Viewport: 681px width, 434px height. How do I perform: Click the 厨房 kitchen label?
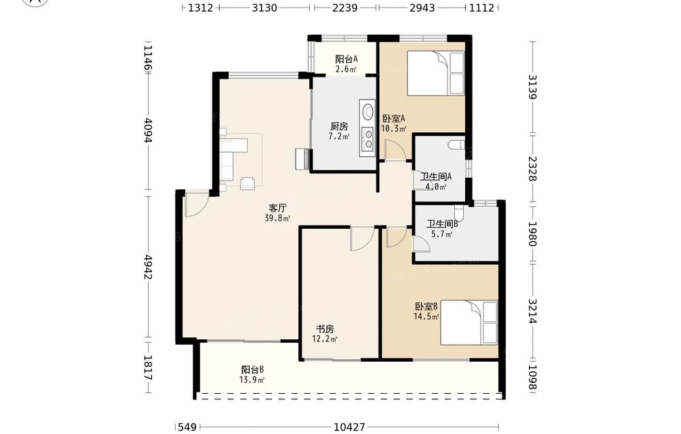[x=338, y=127]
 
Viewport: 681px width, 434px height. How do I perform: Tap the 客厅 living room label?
[x=278, y=208]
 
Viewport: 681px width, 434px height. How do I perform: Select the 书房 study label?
[x=325, y=329]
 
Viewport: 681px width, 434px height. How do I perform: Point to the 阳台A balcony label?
[x=346, y=59]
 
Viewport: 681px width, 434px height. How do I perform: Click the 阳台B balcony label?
[x=253, y=370]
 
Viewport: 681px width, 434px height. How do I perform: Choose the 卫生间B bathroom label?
[x=442, y=224]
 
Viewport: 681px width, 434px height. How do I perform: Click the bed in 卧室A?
[x=436, y=73]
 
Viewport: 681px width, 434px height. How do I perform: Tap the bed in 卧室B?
[x=469, y=322]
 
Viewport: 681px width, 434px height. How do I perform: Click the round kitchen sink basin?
[x=368, y=111]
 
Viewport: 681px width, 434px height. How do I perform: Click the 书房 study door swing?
[x=362, y=238]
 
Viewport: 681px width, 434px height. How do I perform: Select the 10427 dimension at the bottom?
[x=349, y=427]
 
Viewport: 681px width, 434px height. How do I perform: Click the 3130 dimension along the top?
[x=264, y=7]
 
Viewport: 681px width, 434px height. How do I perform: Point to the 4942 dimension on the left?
[x=148, y=267]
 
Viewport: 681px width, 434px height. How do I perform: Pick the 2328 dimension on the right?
[x=533, y=168]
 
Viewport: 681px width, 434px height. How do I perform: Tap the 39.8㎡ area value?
[x=278, y=218]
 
